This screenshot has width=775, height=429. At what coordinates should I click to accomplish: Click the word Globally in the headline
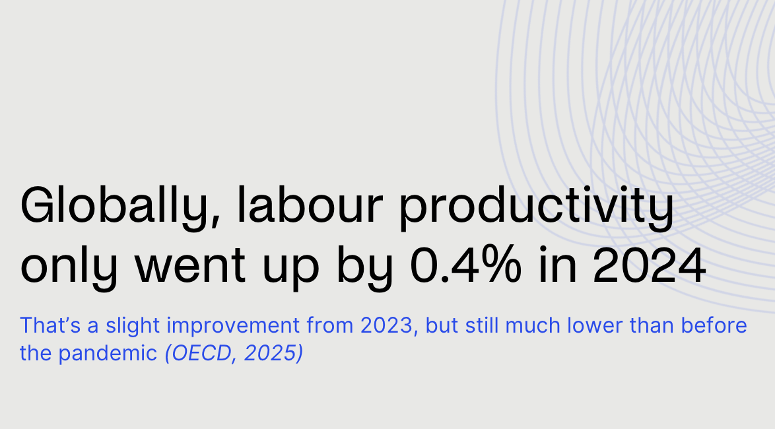113,207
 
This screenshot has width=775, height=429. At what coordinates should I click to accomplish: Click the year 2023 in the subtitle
389,325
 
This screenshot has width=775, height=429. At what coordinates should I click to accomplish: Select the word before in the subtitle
716,325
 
